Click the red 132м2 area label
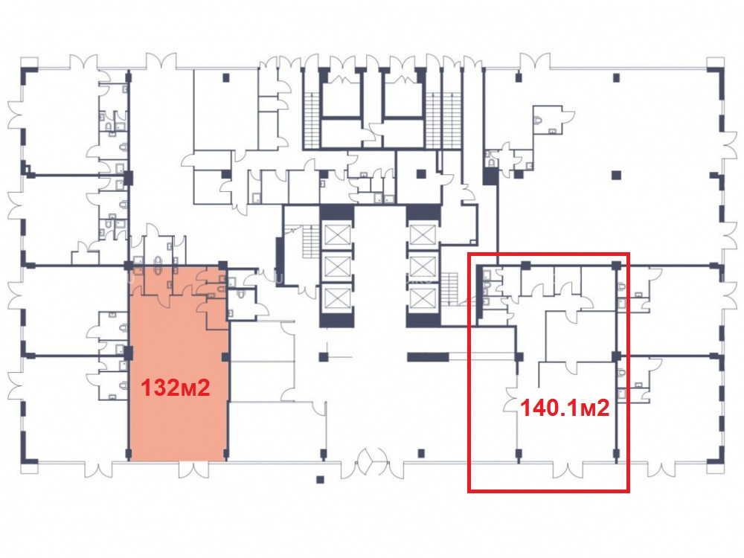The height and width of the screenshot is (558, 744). click(176, 388)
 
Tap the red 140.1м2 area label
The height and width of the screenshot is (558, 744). click(565, 408)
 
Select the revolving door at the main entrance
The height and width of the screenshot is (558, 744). click(373, 461)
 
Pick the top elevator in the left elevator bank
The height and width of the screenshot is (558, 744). click(337, 235)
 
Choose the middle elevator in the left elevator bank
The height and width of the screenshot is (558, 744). click(337, 266)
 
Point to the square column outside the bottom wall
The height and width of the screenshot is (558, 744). click(320, 479)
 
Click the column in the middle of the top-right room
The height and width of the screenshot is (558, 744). click(616, 175)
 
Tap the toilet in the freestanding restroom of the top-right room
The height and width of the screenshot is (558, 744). click(538, 120)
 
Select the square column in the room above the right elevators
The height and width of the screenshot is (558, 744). click(421, 174)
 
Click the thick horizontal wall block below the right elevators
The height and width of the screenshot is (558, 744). click(428, 357)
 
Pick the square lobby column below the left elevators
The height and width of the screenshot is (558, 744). click(323, 357)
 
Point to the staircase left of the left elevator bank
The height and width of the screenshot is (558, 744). click(310, 242)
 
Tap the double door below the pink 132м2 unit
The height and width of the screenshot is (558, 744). click(193, 469)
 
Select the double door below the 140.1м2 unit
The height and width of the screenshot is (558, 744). click(568, 469)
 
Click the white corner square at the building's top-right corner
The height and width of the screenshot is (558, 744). click(716, 63)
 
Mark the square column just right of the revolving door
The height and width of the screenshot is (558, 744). click(421, 454)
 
